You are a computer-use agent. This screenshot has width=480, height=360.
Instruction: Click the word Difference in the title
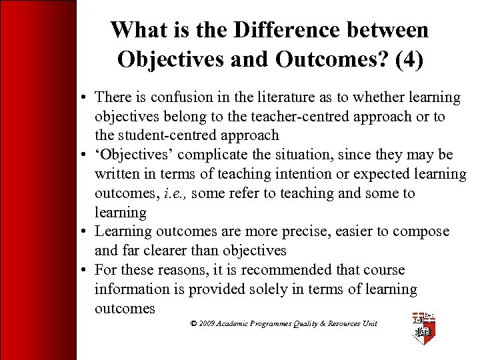(x=289, y=30)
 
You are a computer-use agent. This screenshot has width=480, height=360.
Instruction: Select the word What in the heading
(x=135, y=30)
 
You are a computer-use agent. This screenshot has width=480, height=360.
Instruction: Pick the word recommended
(x=294, y=270)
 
